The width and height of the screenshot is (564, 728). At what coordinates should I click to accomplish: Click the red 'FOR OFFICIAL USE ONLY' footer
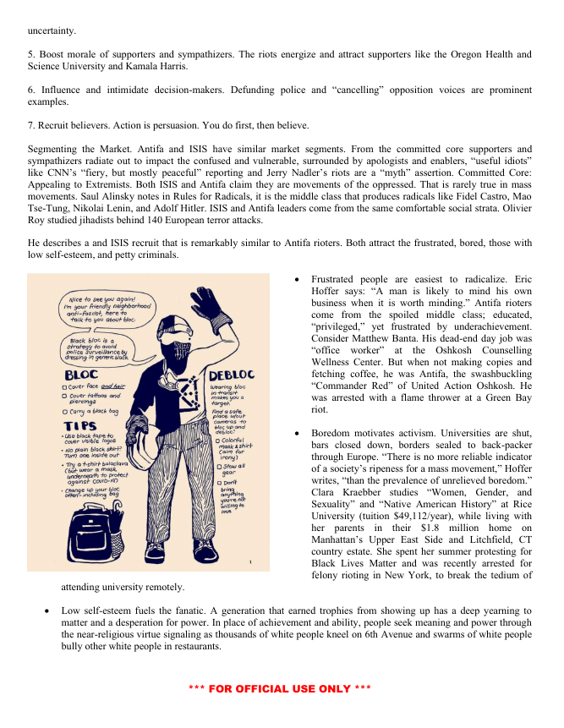[x=280, y=689]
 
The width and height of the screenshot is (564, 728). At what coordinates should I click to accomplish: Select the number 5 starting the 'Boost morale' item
[x=30, y=54]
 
